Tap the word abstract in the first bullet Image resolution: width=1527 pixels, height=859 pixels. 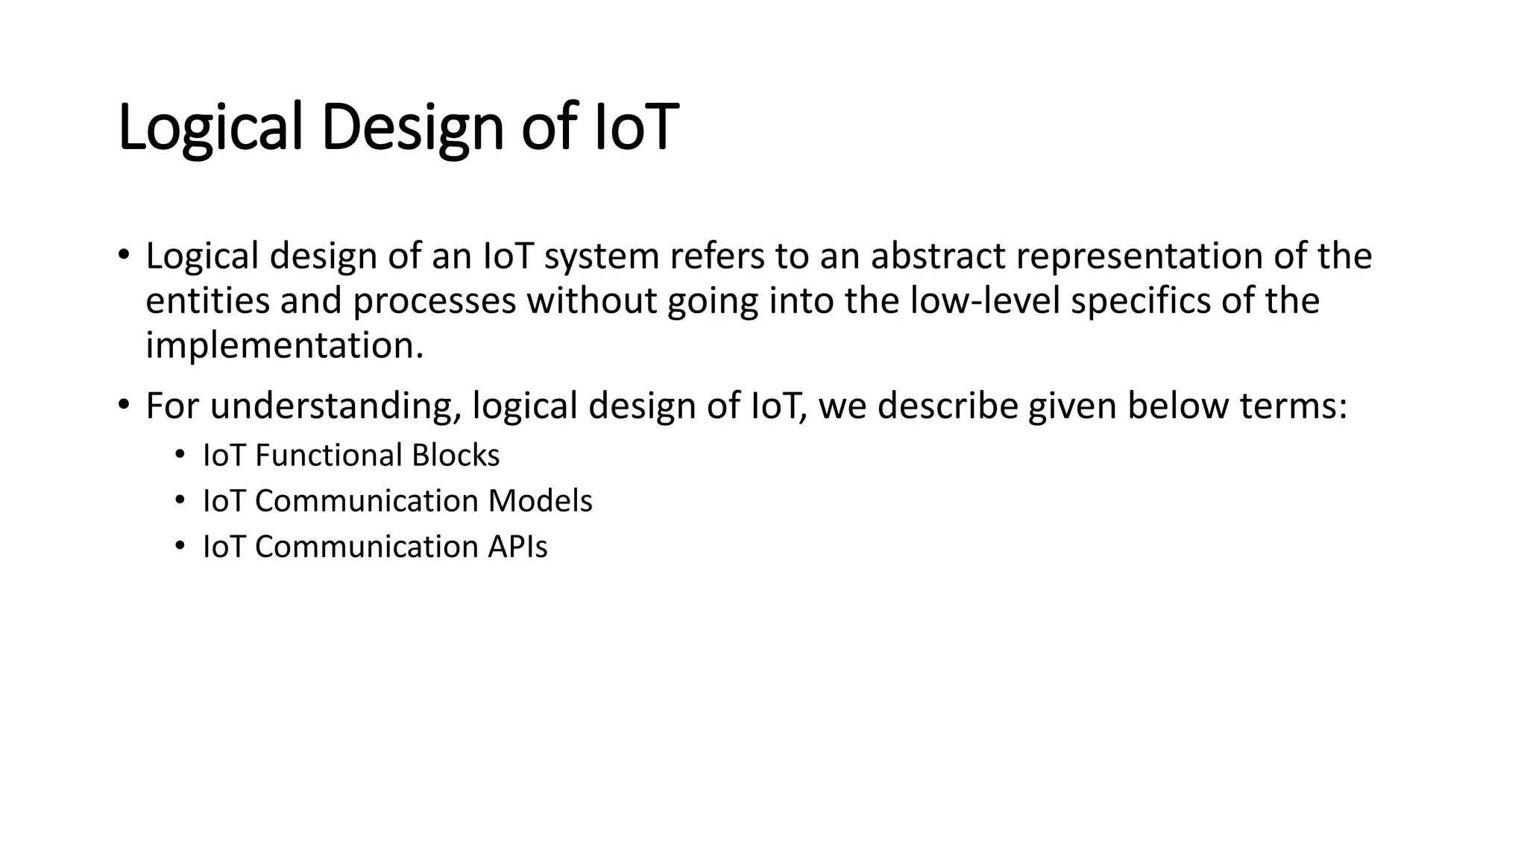[x=938, y=256]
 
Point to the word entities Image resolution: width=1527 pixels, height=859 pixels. [x=207, y=301]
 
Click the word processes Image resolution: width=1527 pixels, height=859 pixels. [x=434, y=301]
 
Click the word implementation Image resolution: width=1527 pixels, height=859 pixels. [x=284, y=346]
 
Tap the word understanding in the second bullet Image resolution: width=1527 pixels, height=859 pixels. [x=336, y=406]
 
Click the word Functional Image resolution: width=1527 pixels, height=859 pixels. [x=328, y=456]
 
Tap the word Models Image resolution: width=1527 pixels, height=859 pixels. [x=540, y=501]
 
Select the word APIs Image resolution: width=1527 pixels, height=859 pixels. [x=517, y=547]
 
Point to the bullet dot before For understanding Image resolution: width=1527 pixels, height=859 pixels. [x=124, y=405]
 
